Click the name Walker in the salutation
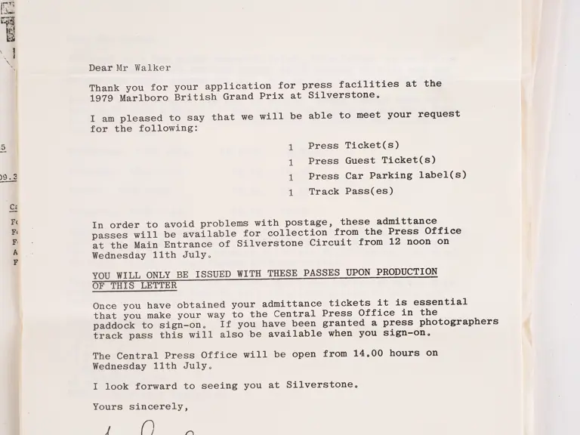153,68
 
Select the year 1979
102,97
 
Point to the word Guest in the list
363,161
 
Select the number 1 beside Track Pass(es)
291,193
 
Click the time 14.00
368,353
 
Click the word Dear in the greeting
101,68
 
